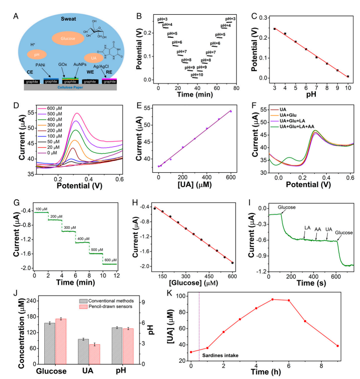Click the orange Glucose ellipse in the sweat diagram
point(56,37)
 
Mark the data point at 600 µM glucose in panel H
point(232,263)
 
